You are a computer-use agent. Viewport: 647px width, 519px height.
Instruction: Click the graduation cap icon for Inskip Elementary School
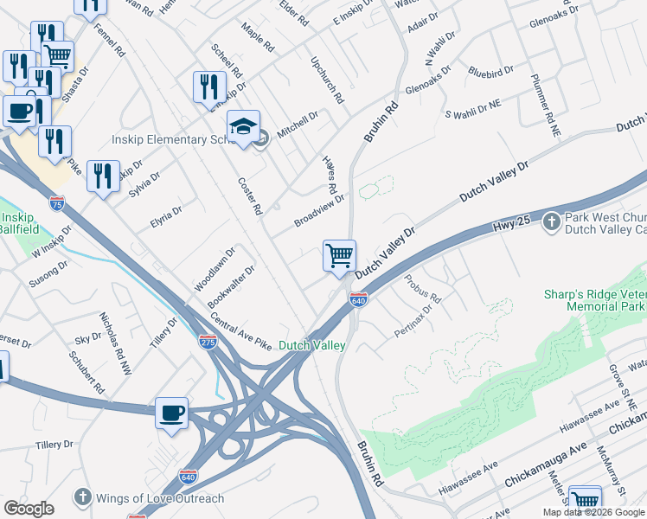click(243, 127)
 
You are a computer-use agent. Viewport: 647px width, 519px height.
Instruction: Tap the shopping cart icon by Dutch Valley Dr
click(339, 256)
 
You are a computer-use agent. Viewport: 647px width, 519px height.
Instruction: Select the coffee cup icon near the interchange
click(171, 413)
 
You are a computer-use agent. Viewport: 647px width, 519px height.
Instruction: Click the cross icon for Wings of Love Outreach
click(82, 497)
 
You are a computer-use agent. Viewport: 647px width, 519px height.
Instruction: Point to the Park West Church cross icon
click(552, 222)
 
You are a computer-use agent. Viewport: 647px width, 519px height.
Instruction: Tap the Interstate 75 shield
click(56, 204)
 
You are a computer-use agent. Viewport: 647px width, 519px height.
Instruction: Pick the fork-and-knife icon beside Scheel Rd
click(208, 86)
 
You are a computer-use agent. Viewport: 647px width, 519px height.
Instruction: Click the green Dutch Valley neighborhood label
click(311, 345)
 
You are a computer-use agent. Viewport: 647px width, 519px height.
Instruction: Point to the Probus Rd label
click(423, 289)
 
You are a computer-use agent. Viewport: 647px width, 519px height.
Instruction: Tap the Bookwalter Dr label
click(231, 287)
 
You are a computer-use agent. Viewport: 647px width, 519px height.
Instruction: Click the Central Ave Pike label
click(241, 332)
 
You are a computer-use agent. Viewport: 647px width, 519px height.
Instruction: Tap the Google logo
click(29, 508)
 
